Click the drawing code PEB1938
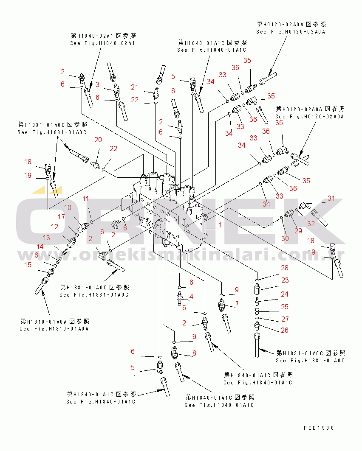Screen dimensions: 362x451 (319, 428)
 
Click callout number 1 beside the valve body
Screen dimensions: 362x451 (221, 224)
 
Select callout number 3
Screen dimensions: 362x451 (97, 84)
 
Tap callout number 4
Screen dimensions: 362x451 (191, 297)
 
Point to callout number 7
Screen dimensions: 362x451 (237, 304)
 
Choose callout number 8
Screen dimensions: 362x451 (195, 353)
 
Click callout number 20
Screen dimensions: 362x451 (98, 140)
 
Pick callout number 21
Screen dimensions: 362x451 (135, 87)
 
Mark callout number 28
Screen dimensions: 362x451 (285, 268)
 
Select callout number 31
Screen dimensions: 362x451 (331, 198)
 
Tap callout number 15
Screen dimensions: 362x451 (28, 265)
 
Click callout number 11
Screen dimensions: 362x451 (85, 199)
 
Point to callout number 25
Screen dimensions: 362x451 (285, 307)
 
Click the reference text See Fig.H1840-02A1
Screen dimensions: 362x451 (102, 43)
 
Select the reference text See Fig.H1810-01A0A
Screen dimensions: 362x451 (54, 328)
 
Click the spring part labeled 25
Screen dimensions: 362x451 (257, 311)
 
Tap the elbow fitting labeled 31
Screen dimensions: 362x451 (303, 206)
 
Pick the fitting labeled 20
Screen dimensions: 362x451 (95, 165)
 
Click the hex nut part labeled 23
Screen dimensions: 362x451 (257, 289)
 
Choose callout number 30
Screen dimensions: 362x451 (285, 238)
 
